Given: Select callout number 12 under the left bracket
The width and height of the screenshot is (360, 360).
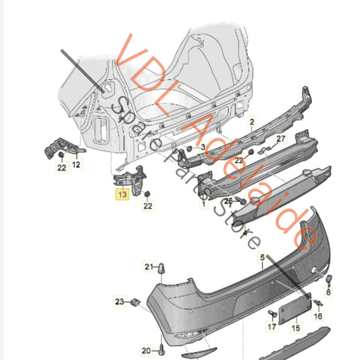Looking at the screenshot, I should click(76, 164).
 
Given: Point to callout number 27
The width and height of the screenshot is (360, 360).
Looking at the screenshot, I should click(281, 139).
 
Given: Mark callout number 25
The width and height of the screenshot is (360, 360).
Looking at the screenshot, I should click(228, 201).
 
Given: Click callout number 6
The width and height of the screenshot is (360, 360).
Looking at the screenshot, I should click(329, 292).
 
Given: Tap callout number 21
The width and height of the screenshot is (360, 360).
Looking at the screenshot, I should click(149, 268).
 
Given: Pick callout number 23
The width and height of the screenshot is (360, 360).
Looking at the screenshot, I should click(120, 301).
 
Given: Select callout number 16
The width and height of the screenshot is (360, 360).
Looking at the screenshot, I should click(318, 316).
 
